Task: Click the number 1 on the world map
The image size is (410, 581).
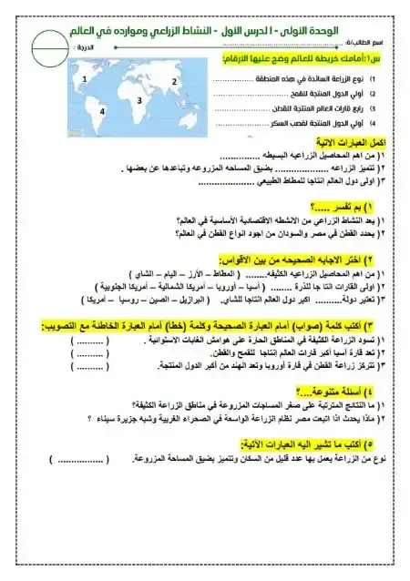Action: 84,80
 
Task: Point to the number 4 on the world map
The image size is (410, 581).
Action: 102,111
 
